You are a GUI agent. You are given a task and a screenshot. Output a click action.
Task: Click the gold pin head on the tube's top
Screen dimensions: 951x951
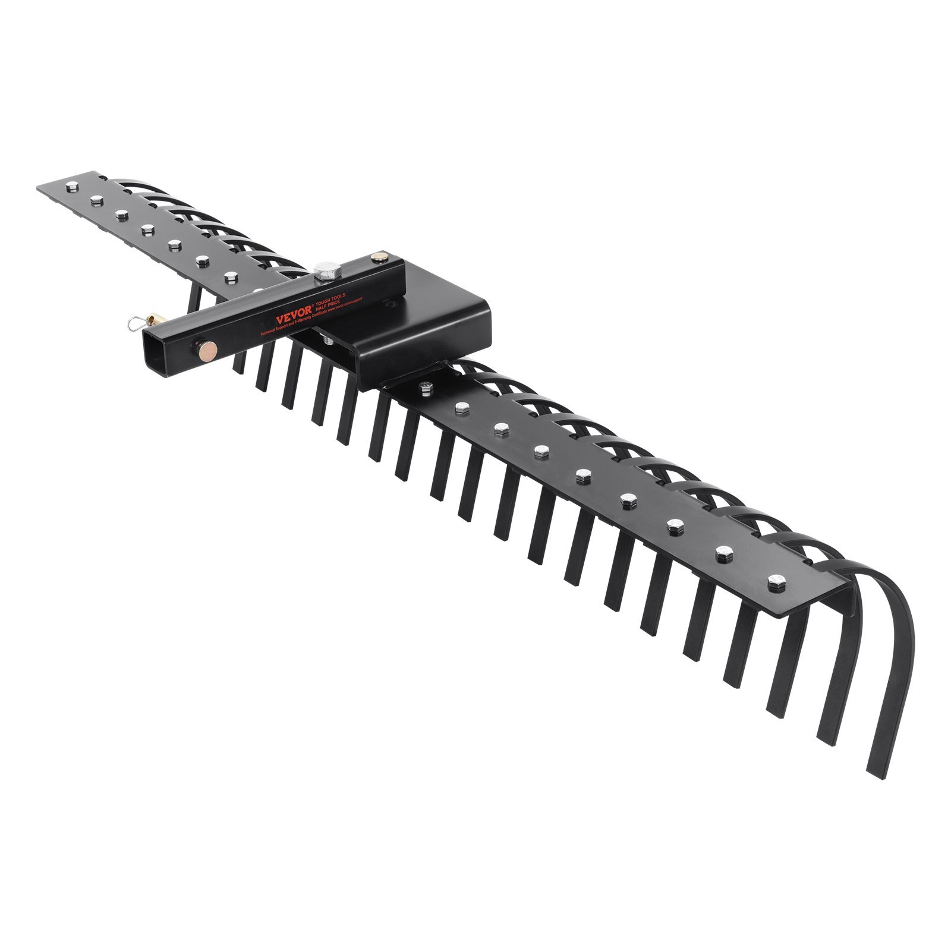pos(377,257)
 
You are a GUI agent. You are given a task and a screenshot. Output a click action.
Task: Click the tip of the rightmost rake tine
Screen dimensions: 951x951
pos(875,773)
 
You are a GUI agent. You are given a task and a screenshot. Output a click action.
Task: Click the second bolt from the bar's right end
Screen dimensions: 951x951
pos(724,553)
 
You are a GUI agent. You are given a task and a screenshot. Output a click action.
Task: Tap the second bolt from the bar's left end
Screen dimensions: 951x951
pos(96,200)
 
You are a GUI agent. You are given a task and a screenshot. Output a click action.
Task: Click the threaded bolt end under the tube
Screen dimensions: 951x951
pos(328,341)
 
